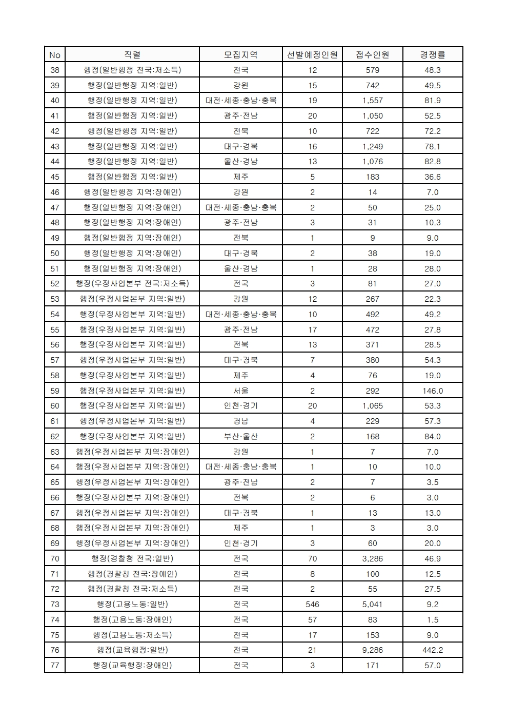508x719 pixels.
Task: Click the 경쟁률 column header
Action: pos(433,55)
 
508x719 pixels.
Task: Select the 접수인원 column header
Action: pos(373,55)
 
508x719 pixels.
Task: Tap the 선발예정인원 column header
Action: pos(312,55)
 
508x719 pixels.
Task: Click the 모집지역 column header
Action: pos(241,55)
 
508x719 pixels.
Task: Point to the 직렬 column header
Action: pos(132,55)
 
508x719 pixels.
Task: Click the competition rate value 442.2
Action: pos(433,650)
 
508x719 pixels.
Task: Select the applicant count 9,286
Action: pos(373,650)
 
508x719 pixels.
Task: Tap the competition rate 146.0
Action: pos(433,391)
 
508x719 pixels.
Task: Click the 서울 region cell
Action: pos(241,391)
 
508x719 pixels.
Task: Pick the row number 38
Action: pos(55,70)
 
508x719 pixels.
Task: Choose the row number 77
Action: pos(55,666)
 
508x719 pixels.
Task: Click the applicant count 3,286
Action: pos(373,558)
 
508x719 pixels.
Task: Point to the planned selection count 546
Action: pos(312,605)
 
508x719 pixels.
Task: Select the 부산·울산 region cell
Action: pos(241,437)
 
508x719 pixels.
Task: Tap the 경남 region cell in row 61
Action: pos(241,421)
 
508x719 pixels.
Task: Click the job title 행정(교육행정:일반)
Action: pos(132,650)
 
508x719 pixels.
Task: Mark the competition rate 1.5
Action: pos(433,620)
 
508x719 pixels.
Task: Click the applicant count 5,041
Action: pos(373,605)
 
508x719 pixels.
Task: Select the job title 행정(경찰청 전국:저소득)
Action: pos(132,589)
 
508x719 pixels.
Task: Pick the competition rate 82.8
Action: pos(433,162)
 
